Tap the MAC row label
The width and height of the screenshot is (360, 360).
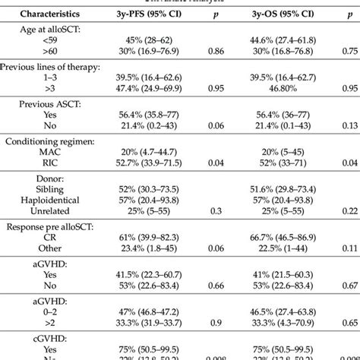[47, 152]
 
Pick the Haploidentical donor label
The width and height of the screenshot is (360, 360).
[47, 199]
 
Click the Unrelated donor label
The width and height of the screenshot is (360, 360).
[47, 210]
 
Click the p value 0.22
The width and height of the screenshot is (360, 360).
[350, 210]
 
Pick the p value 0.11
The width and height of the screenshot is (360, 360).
[350, 248]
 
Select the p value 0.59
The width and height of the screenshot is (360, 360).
[350, 285]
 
